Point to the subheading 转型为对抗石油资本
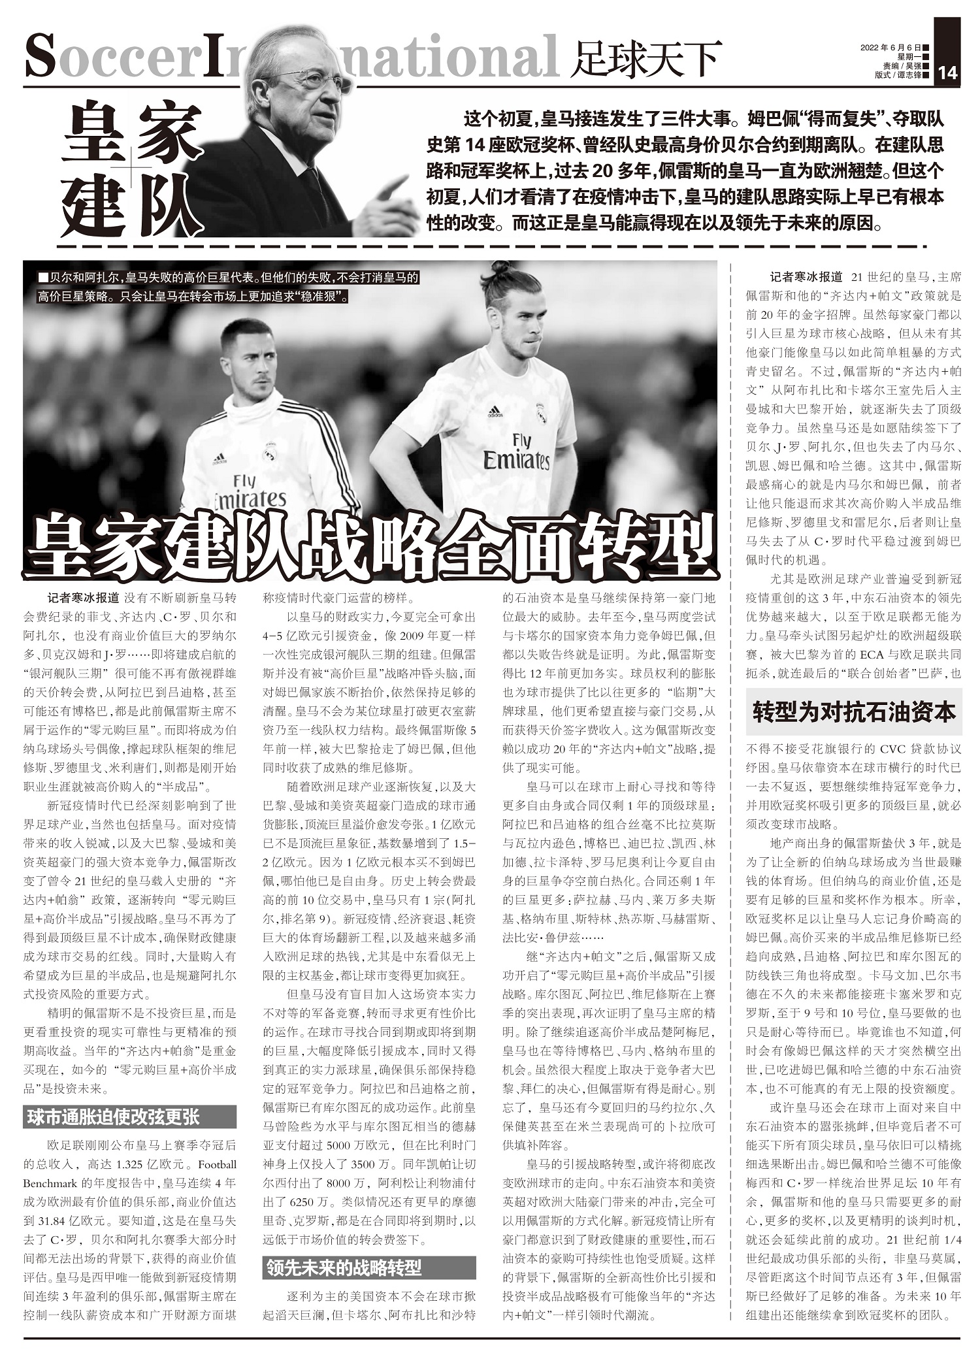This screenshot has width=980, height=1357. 854,711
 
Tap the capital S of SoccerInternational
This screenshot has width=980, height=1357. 40,57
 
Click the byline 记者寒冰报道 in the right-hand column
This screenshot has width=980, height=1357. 806,277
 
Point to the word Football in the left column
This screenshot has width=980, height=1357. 217,1164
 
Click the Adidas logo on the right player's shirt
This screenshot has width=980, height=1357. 495,413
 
